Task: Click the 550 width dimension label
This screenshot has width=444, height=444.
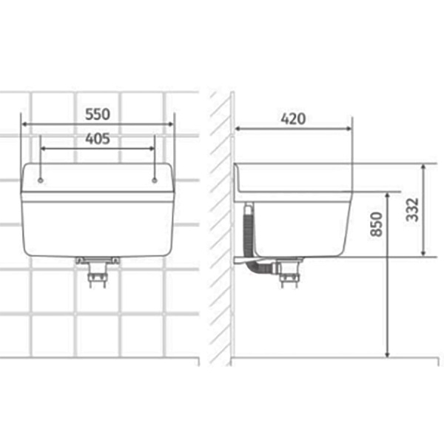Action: click(x=98, y=115)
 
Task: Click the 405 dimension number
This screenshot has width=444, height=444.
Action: click(x=98, y=139)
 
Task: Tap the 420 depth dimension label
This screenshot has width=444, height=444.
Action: click(x=293, y=119)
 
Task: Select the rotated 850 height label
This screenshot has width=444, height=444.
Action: click(x=377, y=224)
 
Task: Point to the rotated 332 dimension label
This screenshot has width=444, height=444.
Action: click(x=412, y=210)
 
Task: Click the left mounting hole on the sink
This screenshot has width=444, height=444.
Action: click(x=41, y=181)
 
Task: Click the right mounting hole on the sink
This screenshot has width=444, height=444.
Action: click(x=155, y=181)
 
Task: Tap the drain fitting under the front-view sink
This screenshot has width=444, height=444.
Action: click(x=98, y=272)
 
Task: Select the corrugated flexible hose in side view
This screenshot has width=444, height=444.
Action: click(x=252, y=238)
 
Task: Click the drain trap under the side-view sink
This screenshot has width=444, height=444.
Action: click(x=289, y=272)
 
